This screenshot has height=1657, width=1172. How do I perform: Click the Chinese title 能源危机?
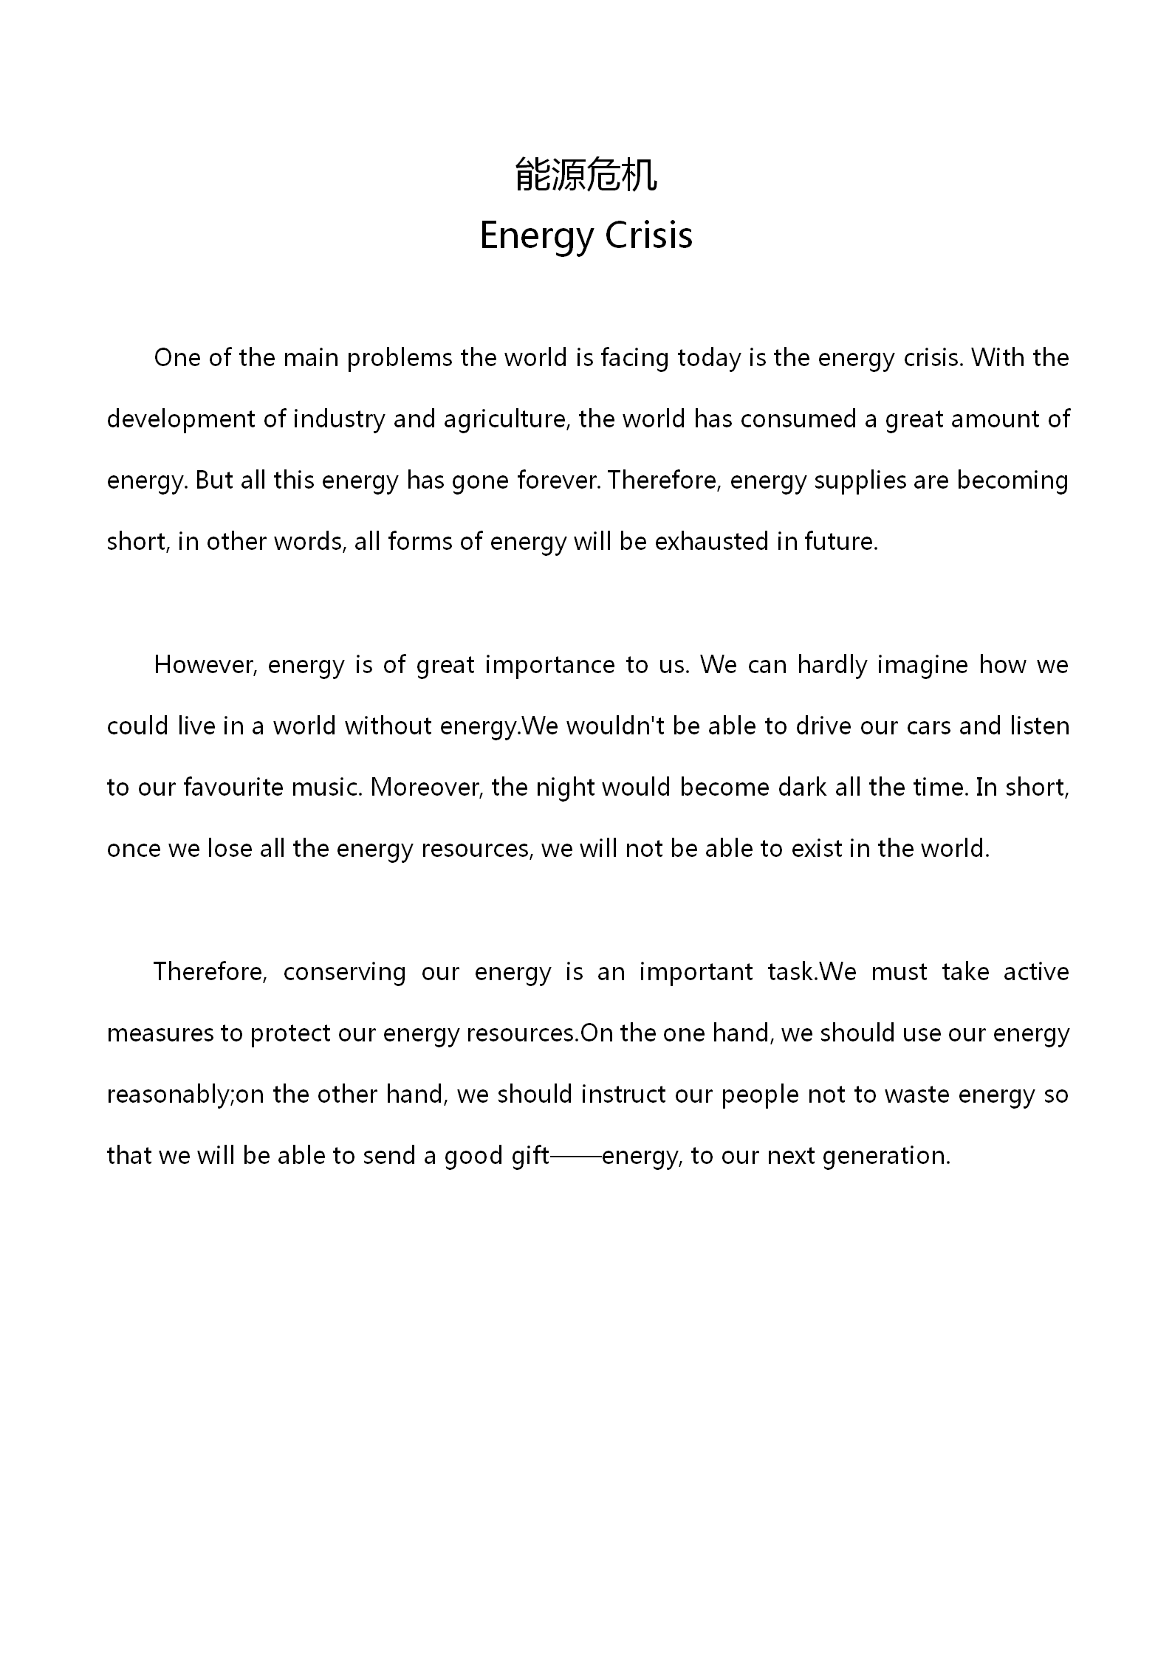click(x=586, y=175)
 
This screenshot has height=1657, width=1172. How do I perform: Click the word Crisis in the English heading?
click(x=648, y=235)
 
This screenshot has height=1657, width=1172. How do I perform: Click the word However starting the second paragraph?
click(x=206, y=665)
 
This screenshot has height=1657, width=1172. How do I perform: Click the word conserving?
click(x=344, y=972)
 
